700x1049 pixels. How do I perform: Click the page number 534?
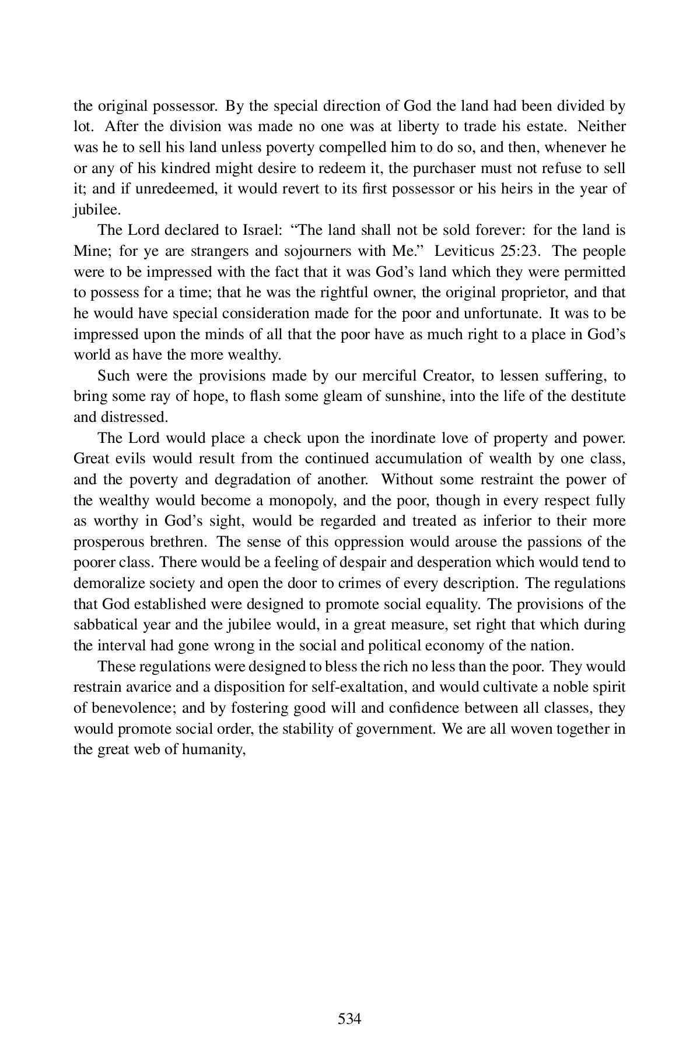pyautogui.click(x=349, y=970)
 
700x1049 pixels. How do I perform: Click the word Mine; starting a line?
pyautogui.click(x=92, y=251)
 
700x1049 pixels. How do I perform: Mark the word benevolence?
pyautogui.click(x=135, y=707)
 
